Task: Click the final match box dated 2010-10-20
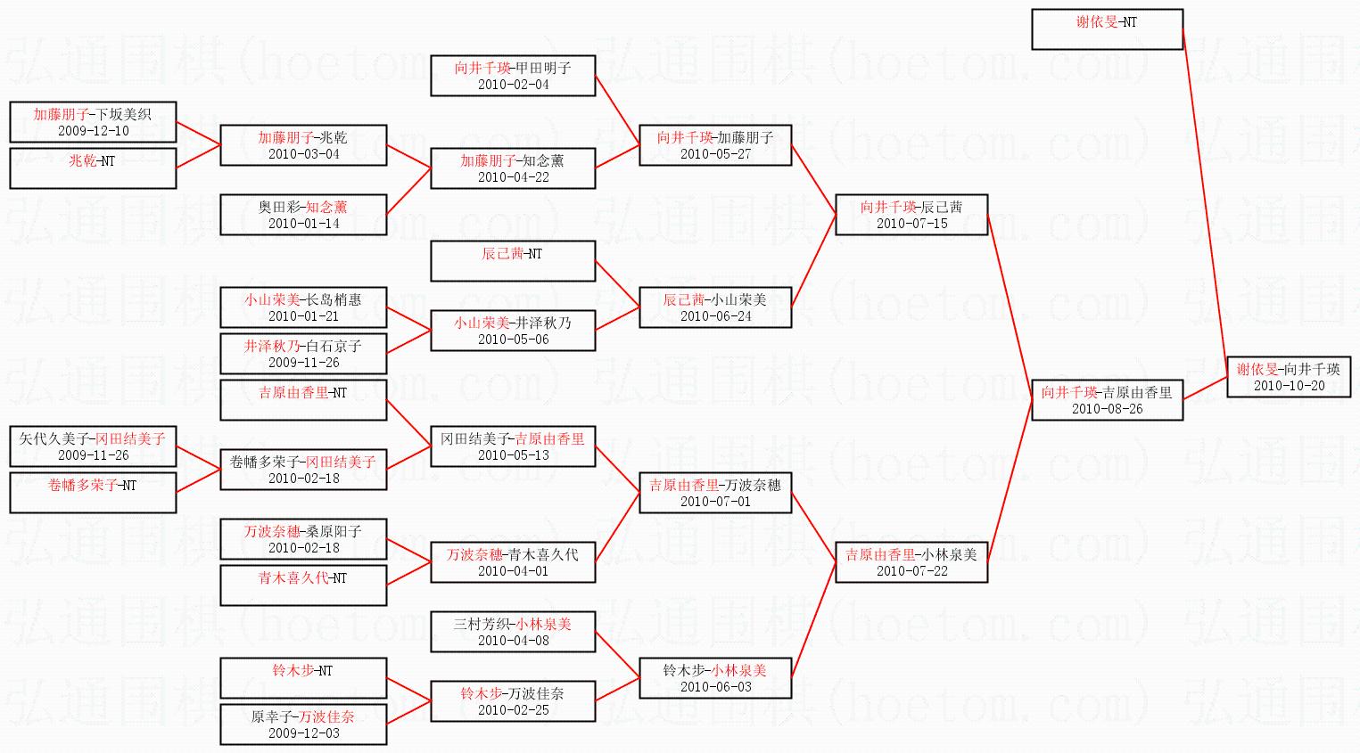1288,377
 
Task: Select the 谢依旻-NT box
1107,29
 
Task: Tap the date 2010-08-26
1107,409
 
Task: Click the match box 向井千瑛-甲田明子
513,76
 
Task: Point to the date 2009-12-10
93,131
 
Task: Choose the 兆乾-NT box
93,168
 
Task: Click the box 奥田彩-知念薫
303,215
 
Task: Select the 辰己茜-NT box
513,261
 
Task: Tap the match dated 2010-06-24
715,307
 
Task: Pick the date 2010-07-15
911,224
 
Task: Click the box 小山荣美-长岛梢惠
303,307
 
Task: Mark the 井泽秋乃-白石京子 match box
303,354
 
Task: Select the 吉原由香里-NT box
303,400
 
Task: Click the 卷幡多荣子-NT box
93,493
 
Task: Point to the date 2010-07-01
715,502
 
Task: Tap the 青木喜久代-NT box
303,585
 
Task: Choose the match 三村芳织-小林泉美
513,632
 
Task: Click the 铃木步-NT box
303,678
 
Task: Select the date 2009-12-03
303,733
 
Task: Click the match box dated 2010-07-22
911,562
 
